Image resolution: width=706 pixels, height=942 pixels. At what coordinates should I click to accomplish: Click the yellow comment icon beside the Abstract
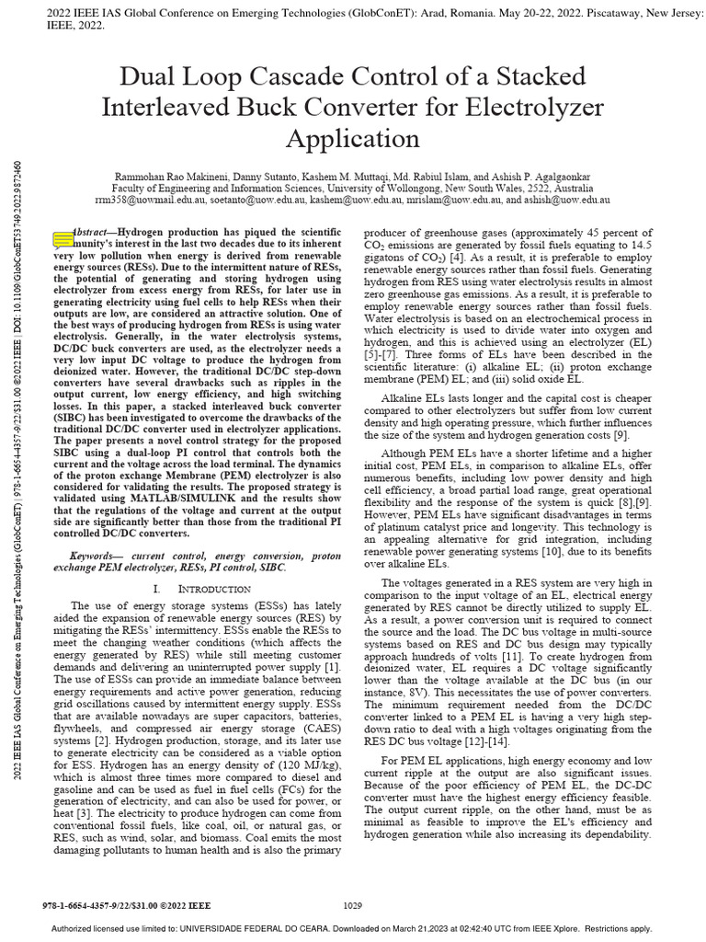pos(63,240)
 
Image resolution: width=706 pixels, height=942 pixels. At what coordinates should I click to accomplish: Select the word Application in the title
pos(352,138)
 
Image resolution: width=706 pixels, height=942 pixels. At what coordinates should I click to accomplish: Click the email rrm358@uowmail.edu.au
pos(148,199)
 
